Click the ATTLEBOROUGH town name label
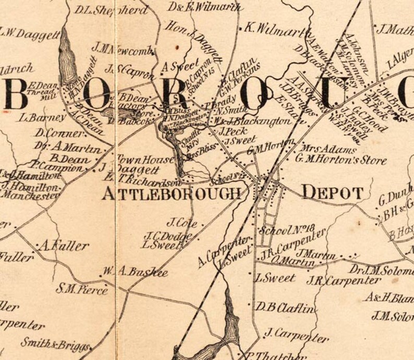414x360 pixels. click(x=172, y=194)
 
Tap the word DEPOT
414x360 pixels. click(x=332, y=193)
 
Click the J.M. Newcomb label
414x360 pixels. click(x=123, y=50)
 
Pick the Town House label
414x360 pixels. click(x=138, y=159)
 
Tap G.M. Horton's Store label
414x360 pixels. click(x=341, y=161)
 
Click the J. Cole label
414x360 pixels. click(x=182, y=223)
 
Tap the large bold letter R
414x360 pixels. click(x=177, y=94)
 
